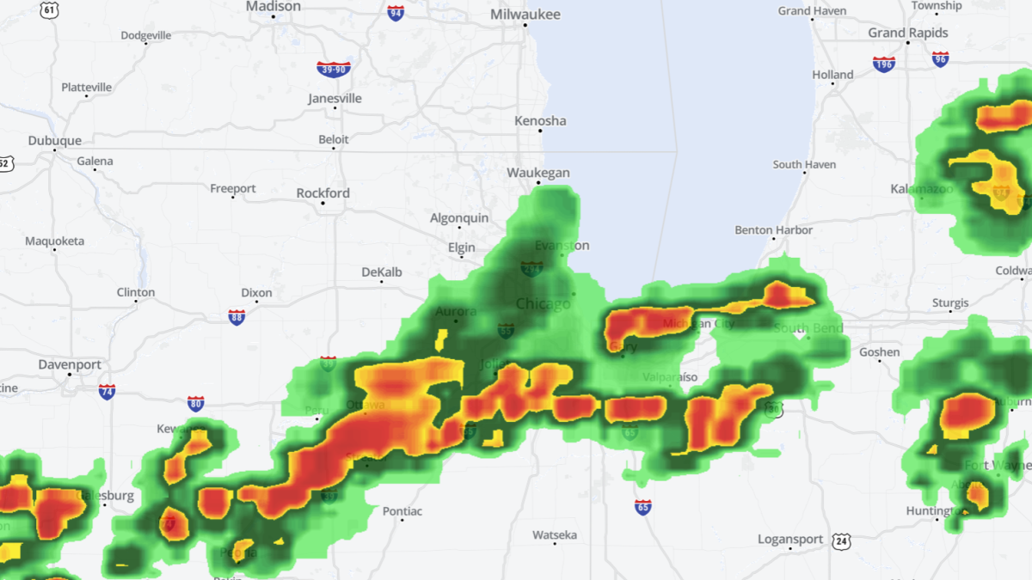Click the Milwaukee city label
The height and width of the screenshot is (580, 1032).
coord(525,15)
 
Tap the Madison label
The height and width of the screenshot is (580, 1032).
coord(273,7)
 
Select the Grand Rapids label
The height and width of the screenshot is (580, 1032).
coord(908,33)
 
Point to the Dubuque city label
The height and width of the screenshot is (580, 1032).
coord(55,141)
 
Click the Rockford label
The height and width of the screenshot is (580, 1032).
coord(323,193)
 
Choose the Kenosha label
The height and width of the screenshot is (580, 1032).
coord(540,121)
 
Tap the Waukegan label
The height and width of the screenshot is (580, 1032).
coord(538,173)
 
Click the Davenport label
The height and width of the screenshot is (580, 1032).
coord(70,364)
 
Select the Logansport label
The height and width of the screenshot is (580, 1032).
coord(790,539)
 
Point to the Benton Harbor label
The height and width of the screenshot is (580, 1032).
coord(773,230)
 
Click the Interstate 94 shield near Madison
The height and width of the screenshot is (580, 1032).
coord(396,13)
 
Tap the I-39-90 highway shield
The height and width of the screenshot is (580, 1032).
coord(334,69)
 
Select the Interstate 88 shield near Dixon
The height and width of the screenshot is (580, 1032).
coord(236,317)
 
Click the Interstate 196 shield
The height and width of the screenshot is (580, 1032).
coord(883,64)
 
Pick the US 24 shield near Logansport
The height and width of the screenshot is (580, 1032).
coord(840,540)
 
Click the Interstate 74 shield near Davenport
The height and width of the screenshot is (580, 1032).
coord(107,392)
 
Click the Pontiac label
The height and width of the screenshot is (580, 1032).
coord(402,511)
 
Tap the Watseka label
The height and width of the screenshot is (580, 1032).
coord(554,535)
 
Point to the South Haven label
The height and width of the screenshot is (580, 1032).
coord(804,164)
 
